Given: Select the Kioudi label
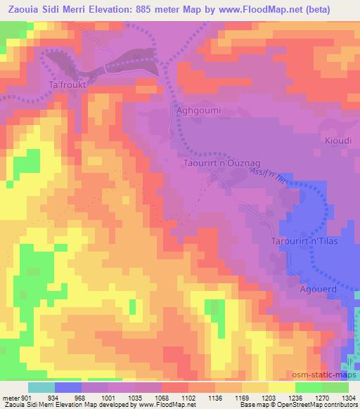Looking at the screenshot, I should pos(336,141).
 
